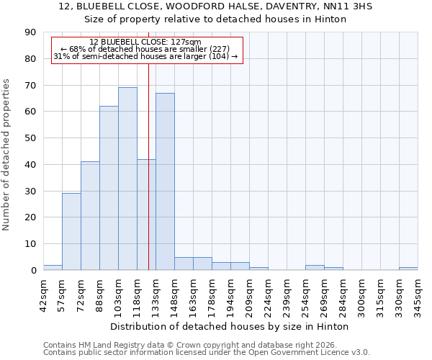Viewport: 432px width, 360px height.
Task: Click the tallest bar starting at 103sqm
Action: [127, 179]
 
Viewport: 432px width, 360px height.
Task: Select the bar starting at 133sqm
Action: [165, 181]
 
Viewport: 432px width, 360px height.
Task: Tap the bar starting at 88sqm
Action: [109, 188]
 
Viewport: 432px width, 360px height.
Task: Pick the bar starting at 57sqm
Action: [71, 231]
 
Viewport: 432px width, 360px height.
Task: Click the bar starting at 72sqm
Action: [90, 215]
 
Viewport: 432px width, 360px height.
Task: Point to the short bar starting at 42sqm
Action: [53, 267]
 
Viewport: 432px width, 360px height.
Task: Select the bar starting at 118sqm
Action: [146, 215]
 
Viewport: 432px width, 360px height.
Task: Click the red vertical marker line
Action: [148, 144]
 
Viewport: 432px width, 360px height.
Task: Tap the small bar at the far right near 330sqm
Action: [408, 269]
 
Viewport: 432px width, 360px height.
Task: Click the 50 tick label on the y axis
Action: [31, 138]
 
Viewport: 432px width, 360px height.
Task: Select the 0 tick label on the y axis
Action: [34, 270]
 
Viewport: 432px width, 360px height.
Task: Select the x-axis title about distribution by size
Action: [230, 326]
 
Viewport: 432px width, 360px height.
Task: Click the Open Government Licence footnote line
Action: [207, 353]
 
